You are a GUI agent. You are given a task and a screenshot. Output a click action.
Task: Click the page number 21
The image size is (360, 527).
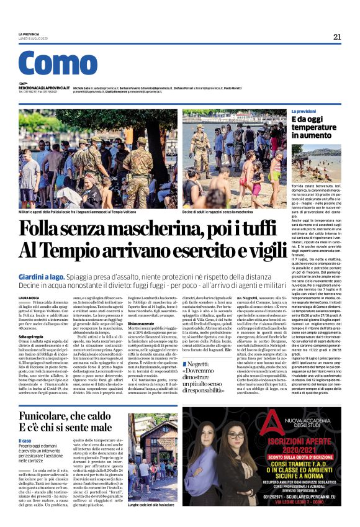pos(337,37)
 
